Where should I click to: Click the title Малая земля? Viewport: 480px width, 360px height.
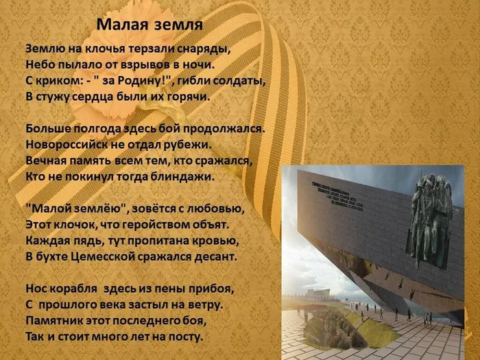[149, 25]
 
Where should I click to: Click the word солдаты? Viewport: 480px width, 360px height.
[237, 81]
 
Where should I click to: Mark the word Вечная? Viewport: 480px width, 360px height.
[46, 160]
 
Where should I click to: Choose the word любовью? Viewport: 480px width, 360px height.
[216, 208]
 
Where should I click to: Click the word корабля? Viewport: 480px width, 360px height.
[77, 289]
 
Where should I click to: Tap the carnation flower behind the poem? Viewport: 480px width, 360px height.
[103, 96]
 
